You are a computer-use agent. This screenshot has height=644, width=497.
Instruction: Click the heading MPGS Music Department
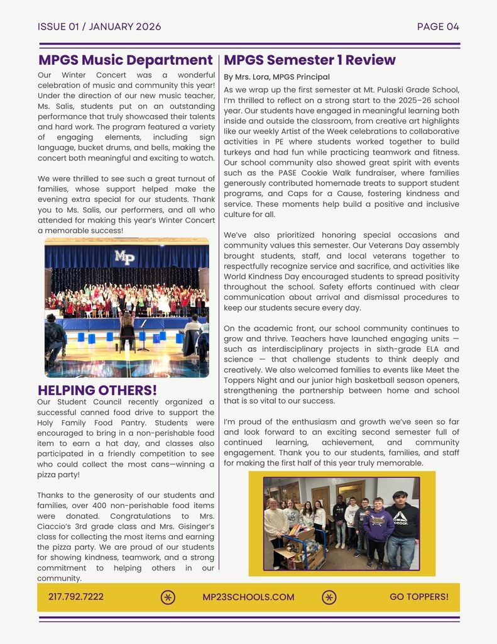click(x=125, y=60)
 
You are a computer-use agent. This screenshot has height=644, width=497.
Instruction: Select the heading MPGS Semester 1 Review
click(x=309, y=60)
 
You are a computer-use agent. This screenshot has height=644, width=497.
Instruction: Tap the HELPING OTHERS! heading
click(x=97, y=391)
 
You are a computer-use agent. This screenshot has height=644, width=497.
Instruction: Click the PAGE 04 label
click(x=438, y=26)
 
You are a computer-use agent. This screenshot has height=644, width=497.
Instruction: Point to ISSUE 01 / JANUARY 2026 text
click(x=99, y=26)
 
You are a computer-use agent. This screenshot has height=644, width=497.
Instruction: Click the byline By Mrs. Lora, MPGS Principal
click(x=276, y=77)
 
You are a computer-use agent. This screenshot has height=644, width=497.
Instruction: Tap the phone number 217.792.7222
click(x=75, y=597)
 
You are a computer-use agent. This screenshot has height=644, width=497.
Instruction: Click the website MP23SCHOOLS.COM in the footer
click(x=248, y=597)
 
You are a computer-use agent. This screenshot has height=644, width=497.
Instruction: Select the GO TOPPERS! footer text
click(x=419, y=597)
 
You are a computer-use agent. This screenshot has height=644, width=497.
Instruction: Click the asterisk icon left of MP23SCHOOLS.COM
click(x=168, y=597)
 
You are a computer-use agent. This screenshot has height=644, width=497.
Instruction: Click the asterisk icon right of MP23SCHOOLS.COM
click(x=329, y=597)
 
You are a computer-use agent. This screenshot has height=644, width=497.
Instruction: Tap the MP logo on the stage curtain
click(x=124, y=257)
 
